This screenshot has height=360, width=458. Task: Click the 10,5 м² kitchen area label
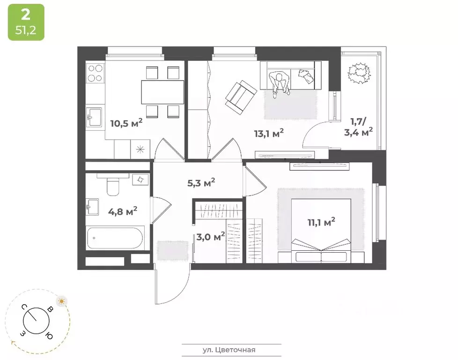(x=126, y=124)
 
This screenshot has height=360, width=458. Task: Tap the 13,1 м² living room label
(x=269, y=134)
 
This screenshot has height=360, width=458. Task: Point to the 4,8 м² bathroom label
(x=122, y=211)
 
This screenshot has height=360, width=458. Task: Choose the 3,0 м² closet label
(x=210, y=236)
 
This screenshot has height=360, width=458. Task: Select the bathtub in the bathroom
(x=115, y=239)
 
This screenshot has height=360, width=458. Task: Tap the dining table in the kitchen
(x=163, y=92)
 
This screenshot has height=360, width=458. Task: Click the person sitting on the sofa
(x=280, y=84)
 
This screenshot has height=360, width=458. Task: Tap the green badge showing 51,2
(x=26, y=22)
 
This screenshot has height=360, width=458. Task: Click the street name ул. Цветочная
(x=232, y=349)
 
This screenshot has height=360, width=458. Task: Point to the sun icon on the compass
(x=61, y=300)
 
